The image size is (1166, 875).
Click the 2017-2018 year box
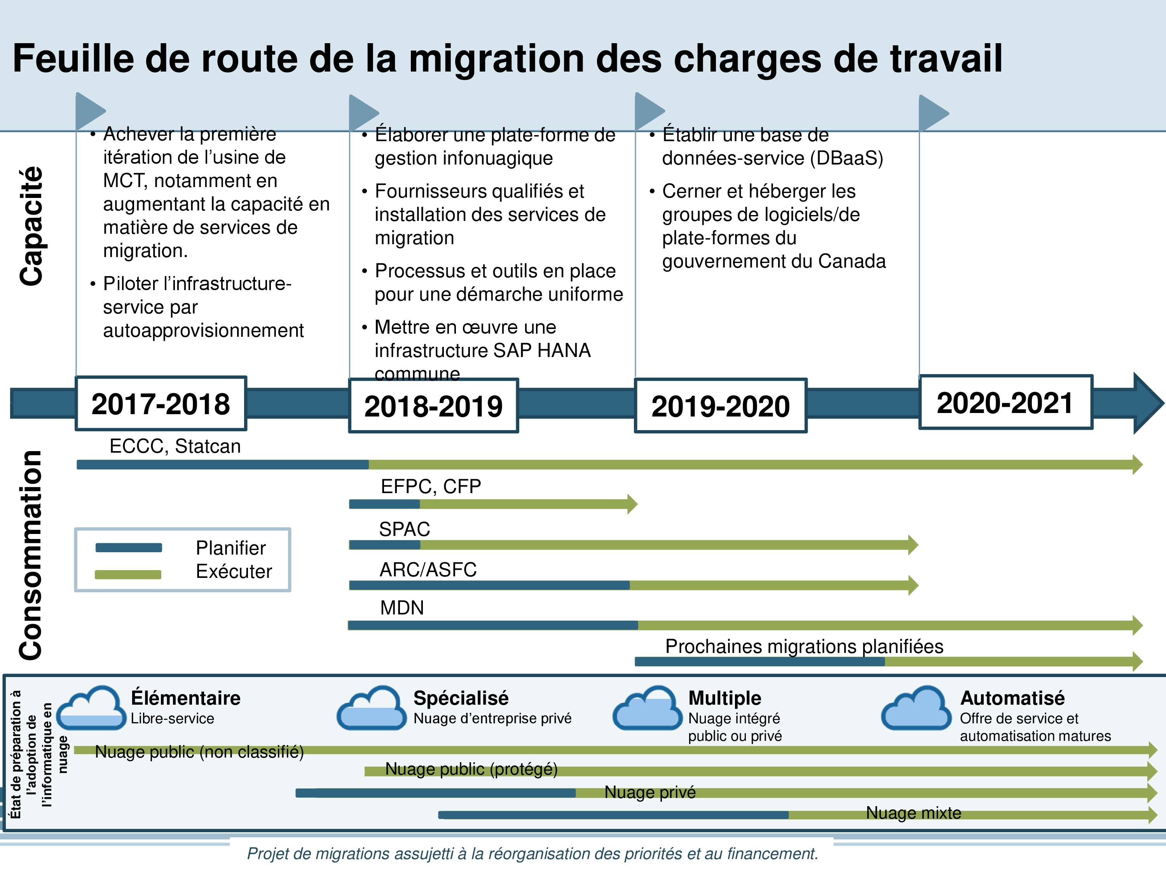tap(161, 404)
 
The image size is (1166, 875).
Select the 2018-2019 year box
tap(433, 406)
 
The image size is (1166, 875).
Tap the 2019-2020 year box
tap(721, 406)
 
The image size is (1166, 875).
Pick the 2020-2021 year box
tap(1006, 402)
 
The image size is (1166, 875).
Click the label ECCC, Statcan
tap(175, 446)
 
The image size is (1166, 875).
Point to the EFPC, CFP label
tap(431, 486)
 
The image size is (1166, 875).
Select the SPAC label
tap(404, 529)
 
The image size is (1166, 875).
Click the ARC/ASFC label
tap(428, 570)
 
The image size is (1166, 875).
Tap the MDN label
tap(401, 607)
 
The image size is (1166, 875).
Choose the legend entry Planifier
tap(230, 548)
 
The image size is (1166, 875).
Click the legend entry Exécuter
tap(234, 571)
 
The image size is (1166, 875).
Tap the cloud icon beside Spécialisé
tap(372, 707)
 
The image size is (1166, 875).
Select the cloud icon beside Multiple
tap(647, 707)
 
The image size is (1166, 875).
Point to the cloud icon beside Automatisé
tap(916, 707)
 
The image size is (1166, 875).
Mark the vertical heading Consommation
tap(31, 555)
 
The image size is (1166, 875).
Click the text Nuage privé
tap(650, 792)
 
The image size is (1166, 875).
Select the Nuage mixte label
tap(913, 813)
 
